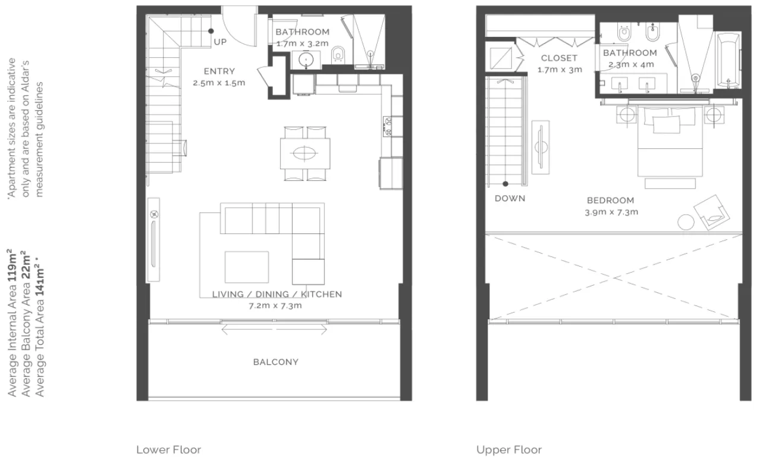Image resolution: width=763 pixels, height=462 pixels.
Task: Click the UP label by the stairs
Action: click(x=220, y=42)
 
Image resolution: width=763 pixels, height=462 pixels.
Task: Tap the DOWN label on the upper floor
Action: click(x=510, y=198)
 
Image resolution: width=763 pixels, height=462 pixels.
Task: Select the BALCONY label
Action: click(x=275, y=362)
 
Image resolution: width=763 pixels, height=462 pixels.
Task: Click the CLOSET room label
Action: click(x=559, y=58)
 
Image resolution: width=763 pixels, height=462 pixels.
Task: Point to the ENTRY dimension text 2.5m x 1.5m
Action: click(x=219, y=83)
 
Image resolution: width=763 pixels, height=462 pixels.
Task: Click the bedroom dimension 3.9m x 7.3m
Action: click(x=611, y=212)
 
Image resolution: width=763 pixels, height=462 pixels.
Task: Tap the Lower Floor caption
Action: click(x=169, y=449)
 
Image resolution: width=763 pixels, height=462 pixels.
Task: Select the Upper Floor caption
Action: click(x=509, y=449)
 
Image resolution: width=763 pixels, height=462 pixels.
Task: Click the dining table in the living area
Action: click(x=305, y=153)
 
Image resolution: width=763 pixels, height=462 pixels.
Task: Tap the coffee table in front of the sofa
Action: click(x=247, y=267)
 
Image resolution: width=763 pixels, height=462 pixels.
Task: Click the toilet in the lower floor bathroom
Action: click(x=338, y=54)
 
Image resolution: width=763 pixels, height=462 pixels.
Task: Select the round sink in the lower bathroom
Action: click(x=306, y=60)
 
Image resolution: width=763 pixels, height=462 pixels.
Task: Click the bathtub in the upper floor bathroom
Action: click(x=729, y=61)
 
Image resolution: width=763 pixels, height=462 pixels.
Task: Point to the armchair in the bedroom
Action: click(x=712, y=213)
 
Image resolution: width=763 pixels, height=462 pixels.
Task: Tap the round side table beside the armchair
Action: click(x=686, y=222)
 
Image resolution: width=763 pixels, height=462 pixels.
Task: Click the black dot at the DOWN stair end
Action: click(x=505, y=184)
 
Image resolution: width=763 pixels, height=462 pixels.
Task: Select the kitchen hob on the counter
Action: click(x=387, y=126)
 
